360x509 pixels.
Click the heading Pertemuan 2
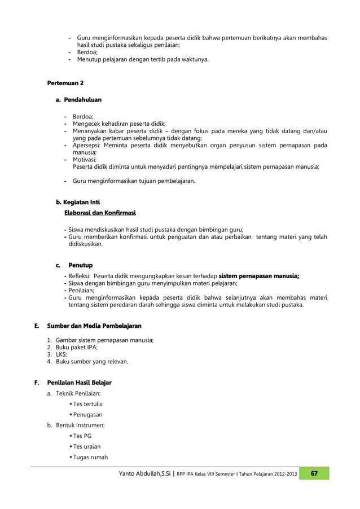click(65, 84)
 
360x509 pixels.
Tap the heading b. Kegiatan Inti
click(77, 201)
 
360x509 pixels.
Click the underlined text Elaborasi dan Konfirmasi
click(100, 213)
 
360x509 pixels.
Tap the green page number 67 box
click(314, 473)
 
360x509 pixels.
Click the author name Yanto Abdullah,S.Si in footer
click(145, 474)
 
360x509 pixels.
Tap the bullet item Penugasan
click(87, 415)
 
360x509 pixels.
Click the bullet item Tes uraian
click(86, 446)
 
